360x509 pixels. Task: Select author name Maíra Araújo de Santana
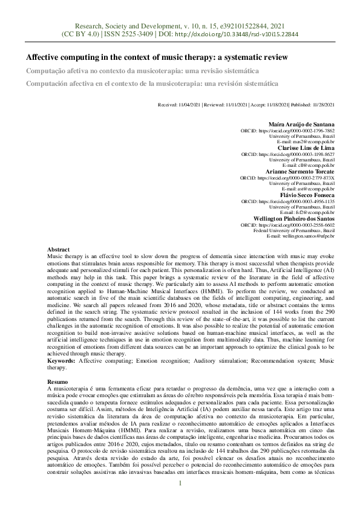click(301, 124)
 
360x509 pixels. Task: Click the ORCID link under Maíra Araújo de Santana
click(296, 131)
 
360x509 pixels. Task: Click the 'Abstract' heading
click(58, 249)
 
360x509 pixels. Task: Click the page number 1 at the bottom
click(180, 483)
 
